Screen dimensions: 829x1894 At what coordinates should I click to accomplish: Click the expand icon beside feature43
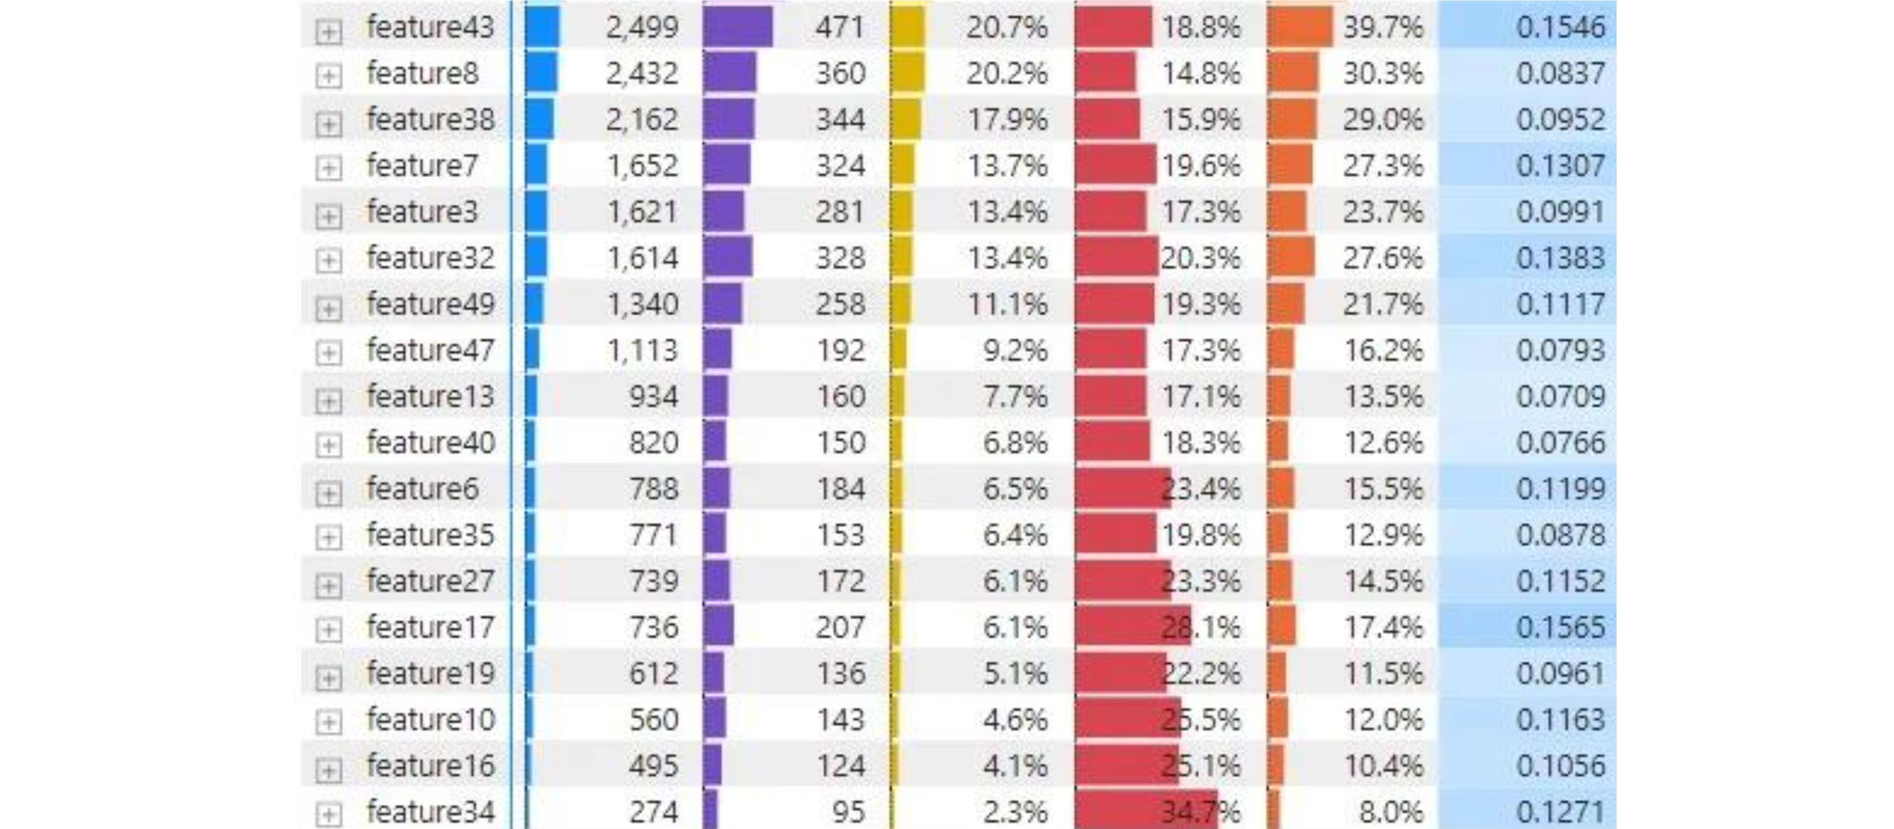point(328,32)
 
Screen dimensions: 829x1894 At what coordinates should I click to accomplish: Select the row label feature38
point(430,120)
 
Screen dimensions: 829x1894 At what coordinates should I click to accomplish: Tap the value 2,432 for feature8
point(641,73)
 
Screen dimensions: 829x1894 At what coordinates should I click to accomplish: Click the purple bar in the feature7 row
point(727,165)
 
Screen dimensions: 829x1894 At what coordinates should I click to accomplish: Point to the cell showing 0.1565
point(1560,627)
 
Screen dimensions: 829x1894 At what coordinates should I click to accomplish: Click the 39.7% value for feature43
point(1382,27)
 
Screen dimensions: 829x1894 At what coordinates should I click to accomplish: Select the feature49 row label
point(430,304)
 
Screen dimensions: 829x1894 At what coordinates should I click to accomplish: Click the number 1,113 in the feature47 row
point(641,350)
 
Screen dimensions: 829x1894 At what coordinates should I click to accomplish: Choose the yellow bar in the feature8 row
point(908,73)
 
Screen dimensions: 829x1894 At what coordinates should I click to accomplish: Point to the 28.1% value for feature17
point(1201,627)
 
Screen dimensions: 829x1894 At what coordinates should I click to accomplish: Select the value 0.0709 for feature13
point(1560,397)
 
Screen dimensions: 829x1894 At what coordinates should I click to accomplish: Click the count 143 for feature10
point(841,720)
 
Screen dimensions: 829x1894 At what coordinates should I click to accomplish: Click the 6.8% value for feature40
point(1015,443)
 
